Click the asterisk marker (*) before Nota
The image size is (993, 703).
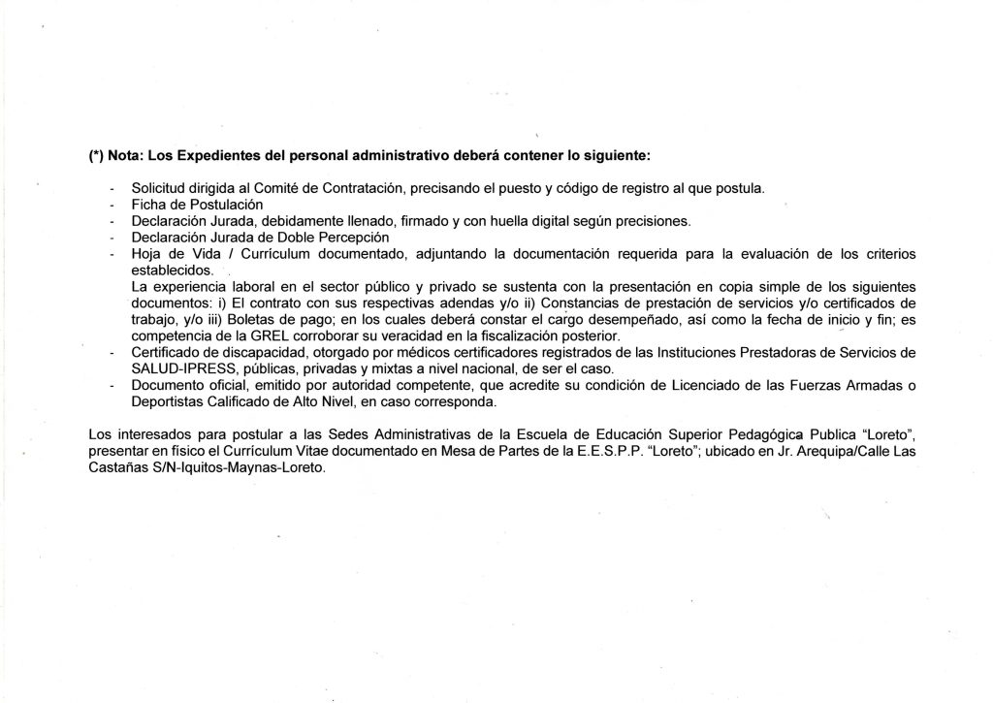coord(94,156)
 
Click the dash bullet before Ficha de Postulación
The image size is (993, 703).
coord(112,204)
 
